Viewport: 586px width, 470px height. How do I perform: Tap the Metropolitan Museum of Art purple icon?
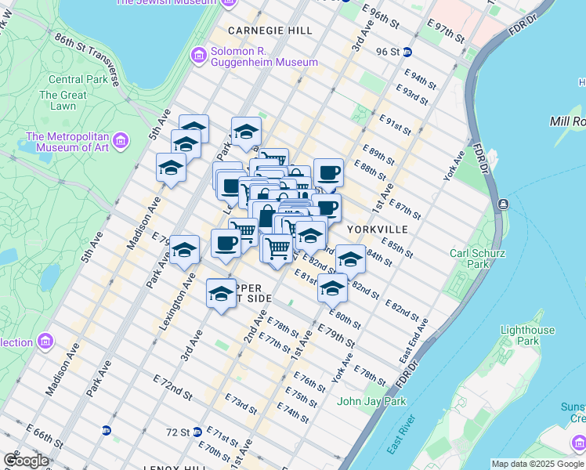point(120,141)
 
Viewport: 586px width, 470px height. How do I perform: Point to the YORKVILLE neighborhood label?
point(378,230)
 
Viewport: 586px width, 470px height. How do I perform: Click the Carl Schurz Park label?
point(477,258)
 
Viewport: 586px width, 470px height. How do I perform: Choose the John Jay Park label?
point(371,402)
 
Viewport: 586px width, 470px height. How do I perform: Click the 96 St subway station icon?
point(418,52)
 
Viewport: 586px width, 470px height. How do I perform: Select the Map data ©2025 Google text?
point(537,464)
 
